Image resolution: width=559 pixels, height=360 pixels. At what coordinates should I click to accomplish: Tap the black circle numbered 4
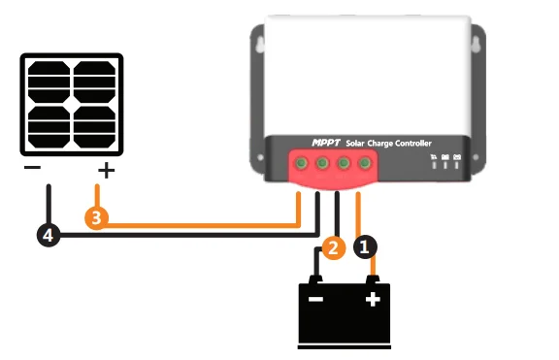[x=49, y=234]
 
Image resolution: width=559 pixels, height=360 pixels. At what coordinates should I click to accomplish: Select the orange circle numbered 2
[x=332, y=248]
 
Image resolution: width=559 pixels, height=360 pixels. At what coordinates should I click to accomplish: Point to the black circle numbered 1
[x=364, y=247]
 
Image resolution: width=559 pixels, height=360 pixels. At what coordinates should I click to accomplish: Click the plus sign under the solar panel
[x=106, y=172]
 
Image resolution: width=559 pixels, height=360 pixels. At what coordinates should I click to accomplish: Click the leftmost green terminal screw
[x=302, y=164]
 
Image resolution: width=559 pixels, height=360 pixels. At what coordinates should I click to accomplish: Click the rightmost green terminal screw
[x=364, y=164]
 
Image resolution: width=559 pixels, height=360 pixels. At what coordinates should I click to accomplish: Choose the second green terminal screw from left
[x=322, y=164]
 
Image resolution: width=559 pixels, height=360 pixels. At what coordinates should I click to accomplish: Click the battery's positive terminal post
[x=372, y=280]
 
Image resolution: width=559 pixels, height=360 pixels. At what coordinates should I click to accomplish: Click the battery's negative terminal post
[x=315, y=280]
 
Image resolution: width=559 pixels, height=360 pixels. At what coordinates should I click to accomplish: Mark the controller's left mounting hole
[x=259, y=46]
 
